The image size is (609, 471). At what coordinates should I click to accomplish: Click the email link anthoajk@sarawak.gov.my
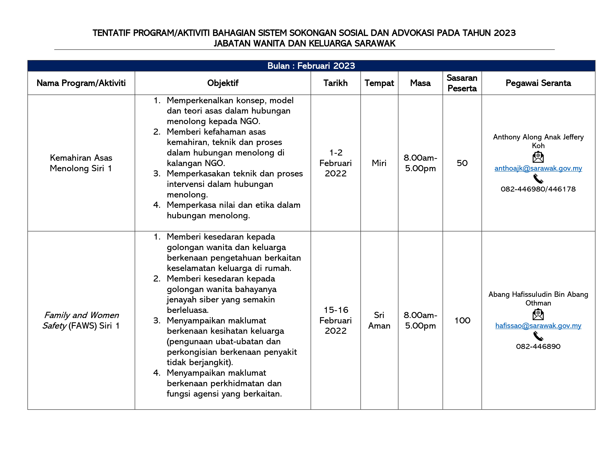click(538, 168)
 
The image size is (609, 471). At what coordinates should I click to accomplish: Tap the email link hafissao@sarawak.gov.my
click(538, 326)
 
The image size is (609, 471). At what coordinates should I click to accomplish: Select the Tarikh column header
click(336, 83)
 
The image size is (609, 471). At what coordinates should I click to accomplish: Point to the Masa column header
click(420, 83)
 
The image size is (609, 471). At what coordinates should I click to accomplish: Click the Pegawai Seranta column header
click(538, 83)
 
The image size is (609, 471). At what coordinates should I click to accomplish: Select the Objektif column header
click(223, 83)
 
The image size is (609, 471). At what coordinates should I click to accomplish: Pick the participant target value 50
click(462, 163)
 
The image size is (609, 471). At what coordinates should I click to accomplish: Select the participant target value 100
click(462, 320)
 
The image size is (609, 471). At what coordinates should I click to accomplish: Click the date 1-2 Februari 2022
click(336, 163)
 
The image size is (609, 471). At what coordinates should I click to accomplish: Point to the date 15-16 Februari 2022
click(336, 320)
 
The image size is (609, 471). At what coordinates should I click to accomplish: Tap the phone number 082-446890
click(538, 347)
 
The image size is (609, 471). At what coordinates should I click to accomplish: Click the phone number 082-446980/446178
click(538, 189)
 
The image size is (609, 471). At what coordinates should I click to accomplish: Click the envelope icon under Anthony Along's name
click(538, 157)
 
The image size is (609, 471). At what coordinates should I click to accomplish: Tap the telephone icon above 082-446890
click(538, 336)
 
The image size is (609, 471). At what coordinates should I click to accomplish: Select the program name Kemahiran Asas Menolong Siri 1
click(81, 163)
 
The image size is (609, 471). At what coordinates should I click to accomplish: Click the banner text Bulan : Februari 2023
click(311, 66)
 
